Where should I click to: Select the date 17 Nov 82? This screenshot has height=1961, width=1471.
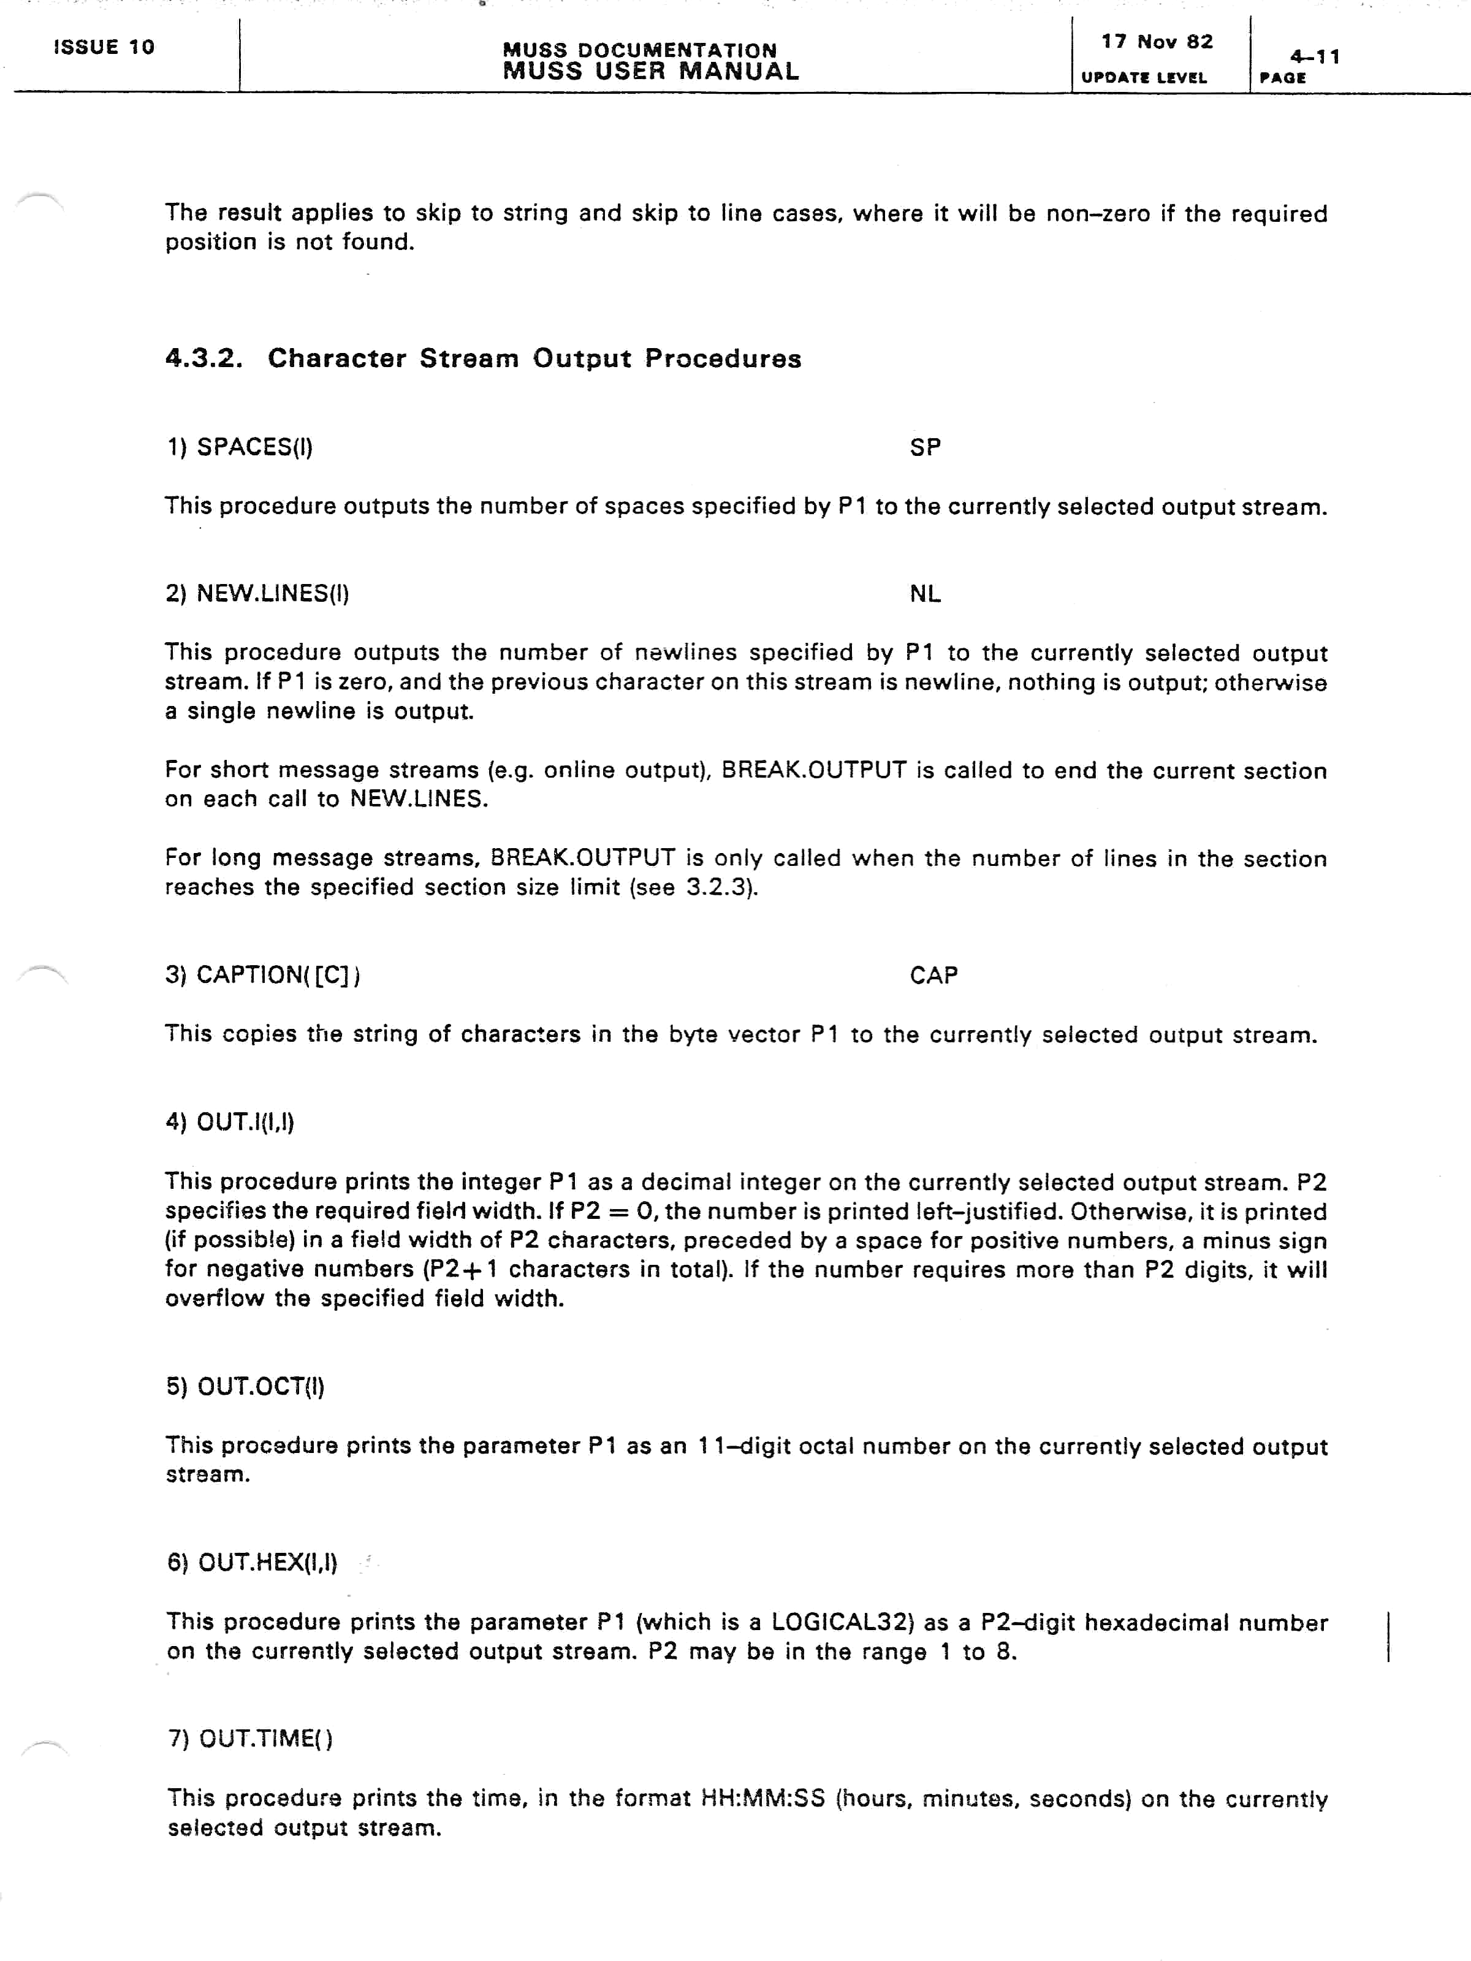[1157, 42]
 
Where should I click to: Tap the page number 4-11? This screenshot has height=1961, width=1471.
[1314, 57]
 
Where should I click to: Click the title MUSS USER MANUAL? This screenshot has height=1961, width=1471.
[651, 72]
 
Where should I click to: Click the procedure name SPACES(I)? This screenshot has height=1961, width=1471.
[254, 447]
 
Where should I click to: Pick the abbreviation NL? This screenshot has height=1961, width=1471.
[925, 594]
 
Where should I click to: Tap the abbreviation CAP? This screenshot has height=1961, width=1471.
[933, 975]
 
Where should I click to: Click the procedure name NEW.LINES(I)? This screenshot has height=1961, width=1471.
[272, 593]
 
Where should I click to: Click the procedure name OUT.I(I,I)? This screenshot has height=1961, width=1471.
[245, 1122]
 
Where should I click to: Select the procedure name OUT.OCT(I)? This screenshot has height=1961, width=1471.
[260, 1387]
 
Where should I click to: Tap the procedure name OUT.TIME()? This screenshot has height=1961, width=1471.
[265, 1739]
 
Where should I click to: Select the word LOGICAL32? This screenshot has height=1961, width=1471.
[842, 1622]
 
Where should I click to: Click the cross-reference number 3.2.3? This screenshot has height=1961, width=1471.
[718, 887]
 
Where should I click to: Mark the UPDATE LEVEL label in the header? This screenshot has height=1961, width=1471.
[1144, 78]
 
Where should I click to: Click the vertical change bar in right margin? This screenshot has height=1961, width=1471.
[1388, 1636]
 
